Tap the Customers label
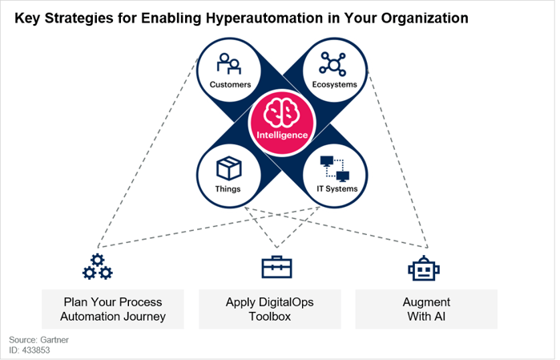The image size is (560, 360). tap(231, 85)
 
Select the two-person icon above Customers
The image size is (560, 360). tap(229, 63)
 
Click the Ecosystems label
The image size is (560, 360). tap(335, 85)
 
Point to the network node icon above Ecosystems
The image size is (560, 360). tap(332, 64)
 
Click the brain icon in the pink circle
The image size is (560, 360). tap(281, 112)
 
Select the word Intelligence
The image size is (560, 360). tap(282, 136)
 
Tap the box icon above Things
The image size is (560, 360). tap(229, 168)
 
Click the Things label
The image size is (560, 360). tap(228, 188)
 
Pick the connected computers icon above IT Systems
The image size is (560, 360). tap(335, 168)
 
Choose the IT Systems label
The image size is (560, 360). tap(337, 188)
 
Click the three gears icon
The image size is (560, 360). tap(98, 267)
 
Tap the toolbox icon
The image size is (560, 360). tap(276, 267)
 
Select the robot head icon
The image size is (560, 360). tap(424, 268)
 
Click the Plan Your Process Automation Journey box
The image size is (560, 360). tap(113, 309)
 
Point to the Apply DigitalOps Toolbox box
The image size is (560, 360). tap(270, 309)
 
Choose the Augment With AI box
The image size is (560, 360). tap(426, 309)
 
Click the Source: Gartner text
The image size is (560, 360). tap(38, 340)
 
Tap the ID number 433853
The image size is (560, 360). tap(36, 350)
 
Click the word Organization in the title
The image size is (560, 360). tap(425, 18)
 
